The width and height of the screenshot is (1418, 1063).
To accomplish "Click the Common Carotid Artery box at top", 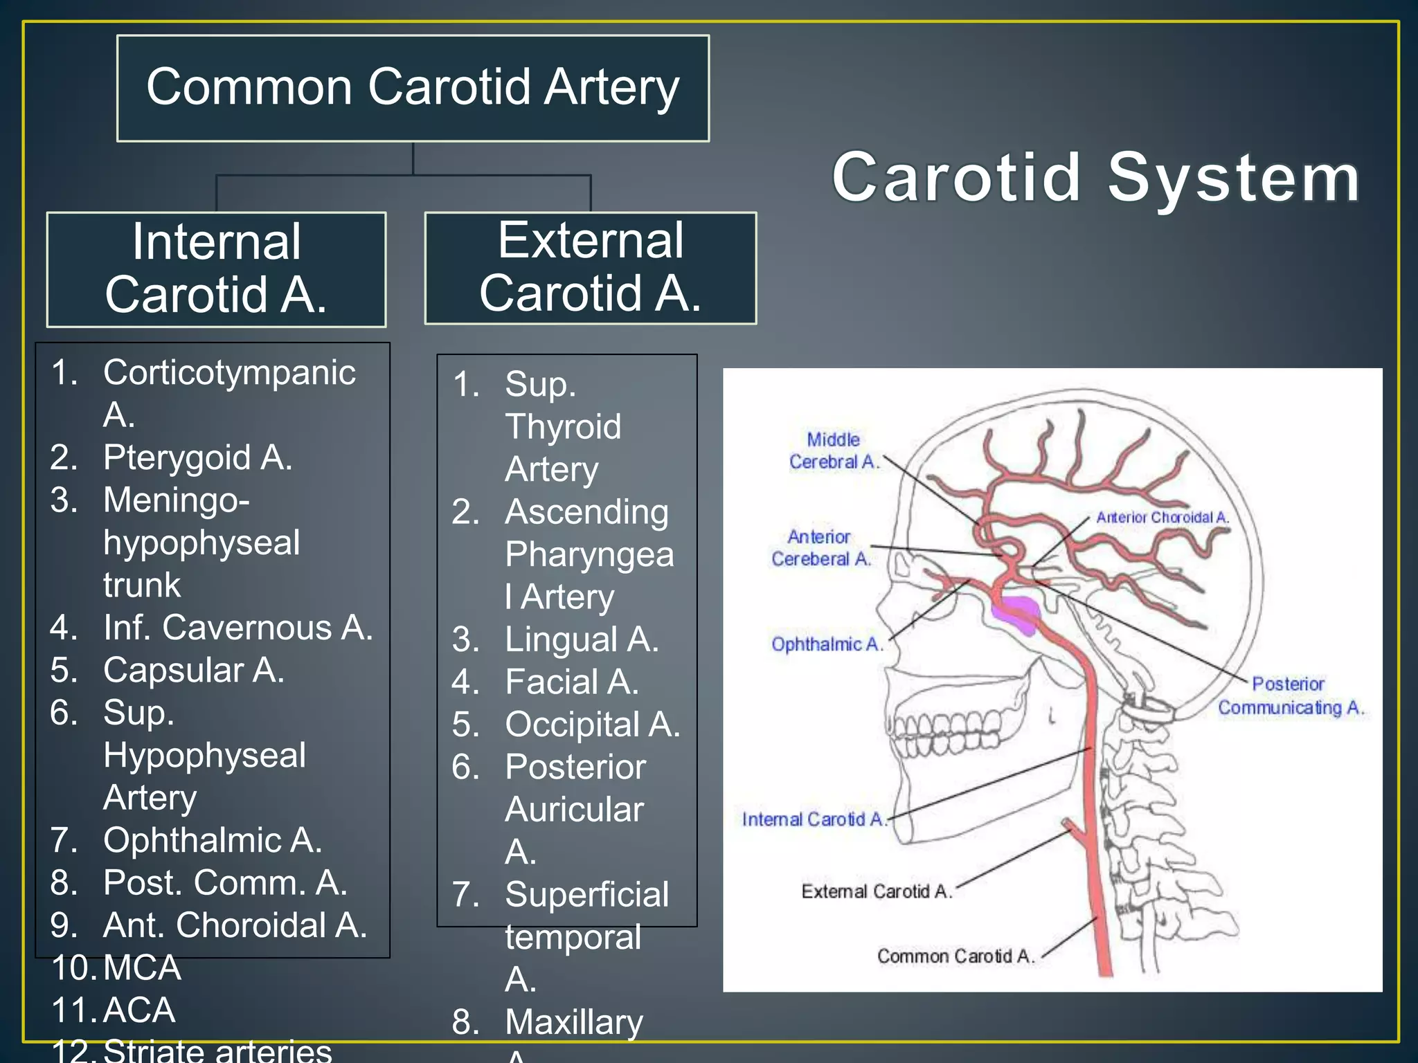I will [413, 88].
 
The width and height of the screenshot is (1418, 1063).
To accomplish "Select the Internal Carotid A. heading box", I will [216, 269].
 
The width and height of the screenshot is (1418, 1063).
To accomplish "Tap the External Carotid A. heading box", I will [590, 268].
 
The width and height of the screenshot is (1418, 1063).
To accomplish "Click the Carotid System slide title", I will [1095, 178].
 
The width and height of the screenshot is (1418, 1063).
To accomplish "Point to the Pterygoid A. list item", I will [197, 457].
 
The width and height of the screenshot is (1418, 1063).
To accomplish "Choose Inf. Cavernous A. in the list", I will [237, 628].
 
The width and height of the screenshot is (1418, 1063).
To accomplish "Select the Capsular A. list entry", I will [193, 670].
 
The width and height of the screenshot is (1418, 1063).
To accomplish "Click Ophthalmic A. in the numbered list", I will [212, 840].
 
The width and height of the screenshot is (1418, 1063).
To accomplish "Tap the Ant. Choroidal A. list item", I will [234, 925].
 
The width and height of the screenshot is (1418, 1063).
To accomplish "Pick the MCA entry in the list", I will [142, 967].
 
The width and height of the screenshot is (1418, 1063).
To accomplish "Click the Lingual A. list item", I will [581, 639].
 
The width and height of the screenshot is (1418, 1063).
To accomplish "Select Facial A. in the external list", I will [571, 682].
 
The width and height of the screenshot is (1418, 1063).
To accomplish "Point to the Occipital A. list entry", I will [592, 725].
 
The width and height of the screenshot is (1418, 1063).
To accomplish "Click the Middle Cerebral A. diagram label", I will [834, 451].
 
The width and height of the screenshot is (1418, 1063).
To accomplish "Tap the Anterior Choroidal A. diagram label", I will [1162, 517].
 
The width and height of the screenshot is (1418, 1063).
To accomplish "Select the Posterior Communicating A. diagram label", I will [1290, 696].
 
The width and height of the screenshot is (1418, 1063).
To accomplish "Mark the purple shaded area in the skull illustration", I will [1016, 612].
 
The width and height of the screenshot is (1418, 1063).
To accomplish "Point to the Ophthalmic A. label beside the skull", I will [827, 644].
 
